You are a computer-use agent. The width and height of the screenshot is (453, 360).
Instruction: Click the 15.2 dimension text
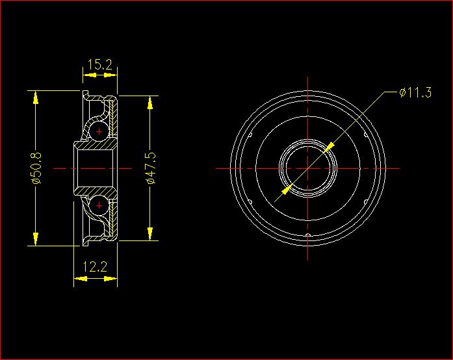pos(99,65)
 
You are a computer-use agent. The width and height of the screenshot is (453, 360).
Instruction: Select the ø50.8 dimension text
pos(37,168)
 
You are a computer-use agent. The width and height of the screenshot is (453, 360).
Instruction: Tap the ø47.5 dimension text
pos(151,168)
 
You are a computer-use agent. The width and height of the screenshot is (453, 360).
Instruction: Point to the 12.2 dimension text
pos(95,266)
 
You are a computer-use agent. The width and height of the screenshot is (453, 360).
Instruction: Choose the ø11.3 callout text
pos(415,92)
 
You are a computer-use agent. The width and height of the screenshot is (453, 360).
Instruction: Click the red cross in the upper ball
pos(99,131)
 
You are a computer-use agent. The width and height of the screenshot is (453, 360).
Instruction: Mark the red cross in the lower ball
pos(99,206)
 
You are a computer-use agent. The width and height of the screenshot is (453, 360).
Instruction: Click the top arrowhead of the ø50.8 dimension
pos(36,97)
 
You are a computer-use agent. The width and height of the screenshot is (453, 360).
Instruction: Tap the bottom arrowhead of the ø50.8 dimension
pos(36,239)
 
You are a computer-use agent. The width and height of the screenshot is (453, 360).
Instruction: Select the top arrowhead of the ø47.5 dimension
pos(150,103)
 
